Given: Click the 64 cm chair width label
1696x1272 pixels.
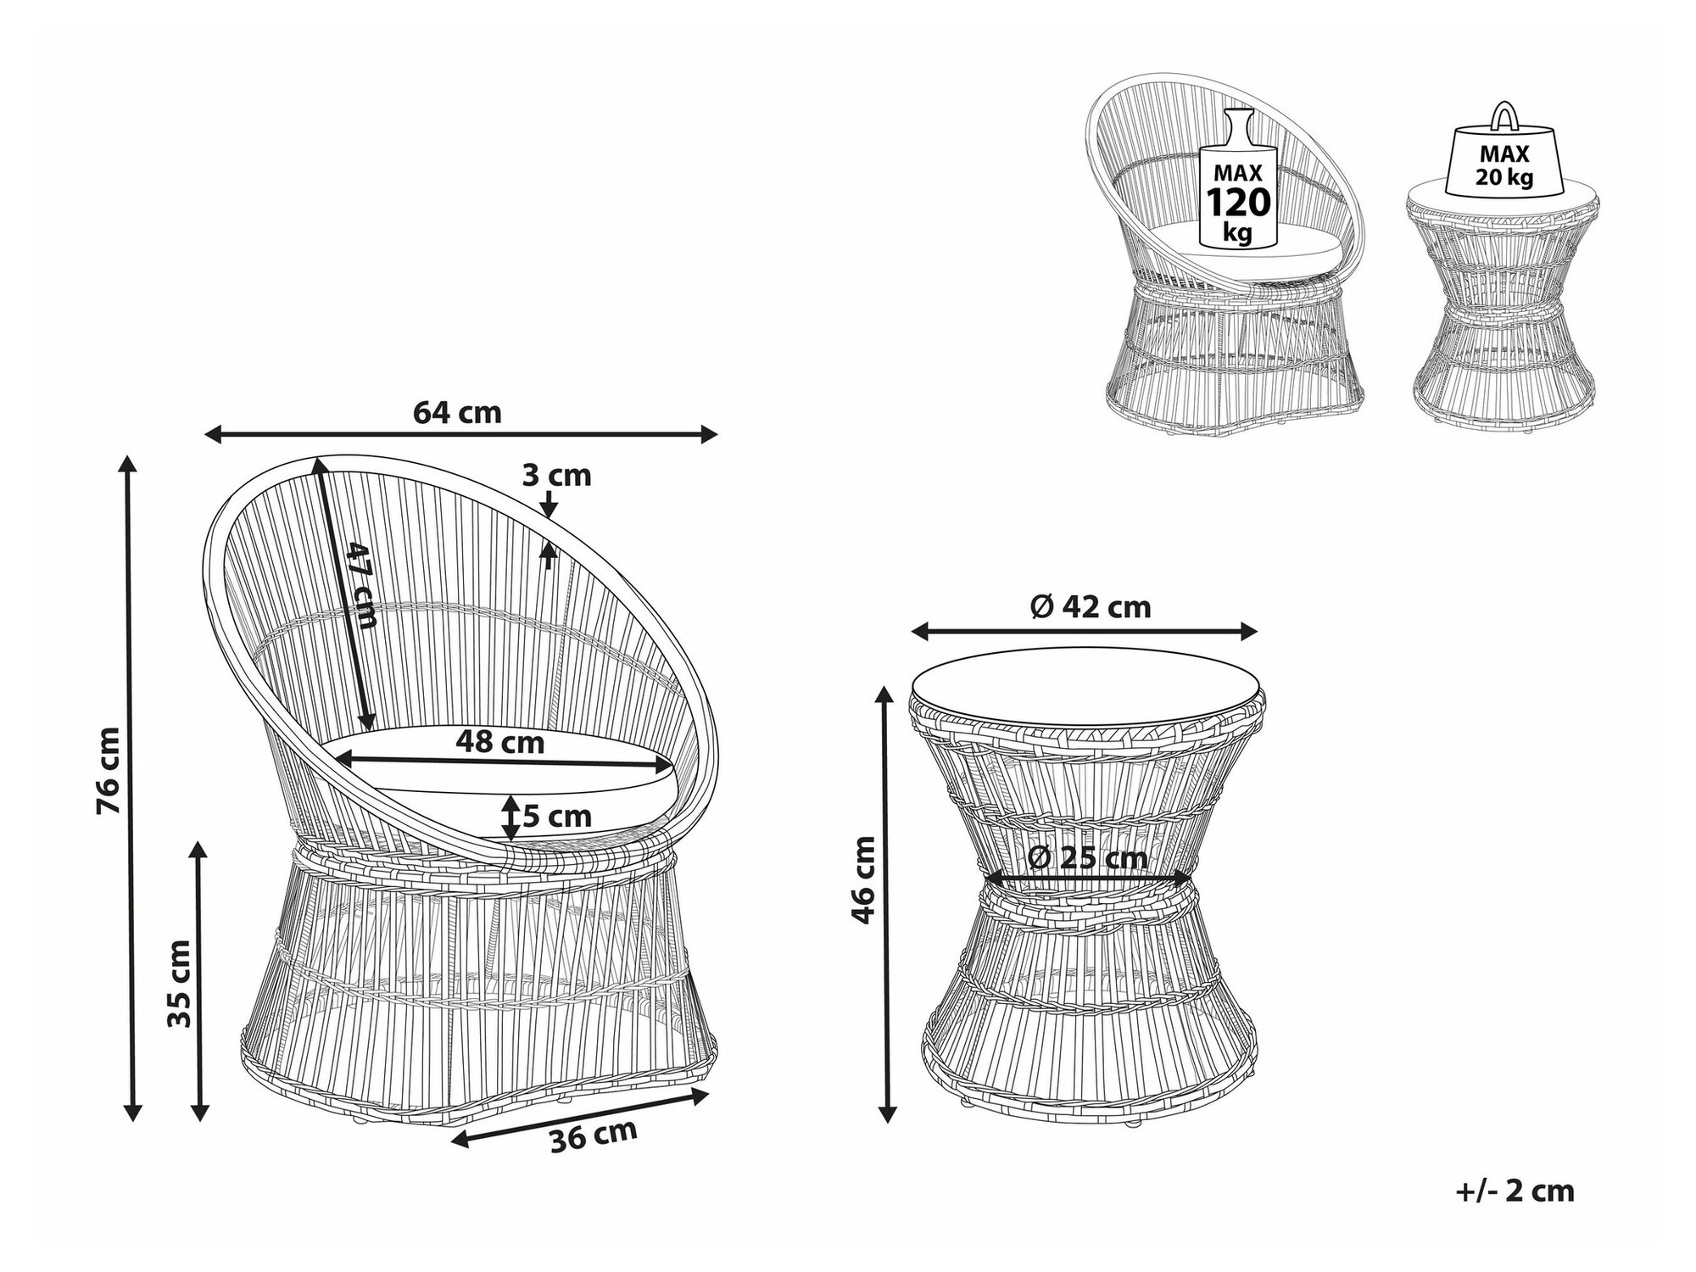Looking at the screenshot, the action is point(457,412).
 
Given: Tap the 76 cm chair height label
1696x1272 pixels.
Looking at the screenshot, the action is point(109,771).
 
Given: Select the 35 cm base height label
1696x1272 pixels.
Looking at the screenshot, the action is point(179,983).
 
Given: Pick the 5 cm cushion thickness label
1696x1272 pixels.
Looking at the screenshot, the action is point(556,816).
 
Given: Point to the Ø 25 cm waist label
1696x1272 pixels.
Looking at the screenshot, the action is point(1087,857).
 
